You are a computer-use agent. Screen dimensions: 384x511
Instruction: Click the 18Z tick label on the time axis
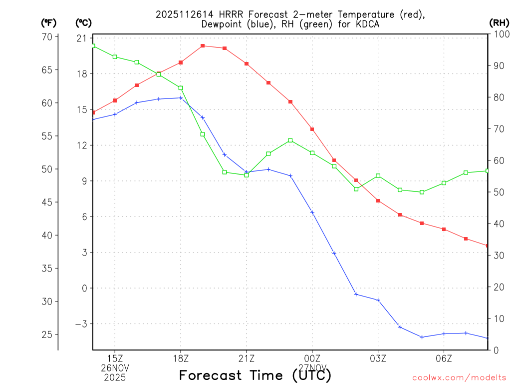[181, 358]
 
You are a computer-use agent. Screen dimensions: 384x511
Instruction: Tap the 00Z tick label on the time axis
[312, 358]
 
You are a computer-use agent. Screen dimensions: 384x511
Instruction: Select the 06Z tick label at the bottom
[444, 358]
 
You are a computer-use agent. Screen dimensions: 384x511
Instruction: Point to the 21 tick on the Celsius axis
[82, 38]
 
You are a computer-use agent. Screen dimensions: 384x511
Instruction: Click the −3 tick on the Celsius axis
[80, 324]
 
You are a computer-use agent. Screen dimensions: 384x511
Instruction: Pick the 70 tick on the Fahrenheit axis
[47, 37]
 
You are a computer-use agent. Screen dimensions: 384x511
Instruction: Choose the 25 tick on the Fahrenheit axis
[47, 334]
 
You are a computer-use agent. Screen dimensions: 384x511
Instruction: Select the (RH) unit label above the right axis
[500, 22]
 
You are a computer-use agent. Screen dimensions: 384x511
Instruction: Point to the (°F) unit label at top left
[49, 22]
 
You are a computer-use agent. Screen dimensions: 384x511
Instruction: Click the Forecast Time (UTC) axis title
[255, 375]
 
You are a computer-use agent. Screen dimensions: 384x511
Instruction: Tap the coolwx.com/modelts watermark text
[459, 377]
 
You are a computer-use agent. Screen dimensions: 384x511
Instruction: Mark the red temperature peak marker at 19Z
[203, 46]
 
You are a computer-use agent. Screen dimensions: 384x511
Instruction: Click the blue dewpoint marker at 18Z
[181, 98]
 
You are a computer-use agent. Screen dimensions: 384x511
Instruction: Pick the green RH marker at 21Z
[247, 175]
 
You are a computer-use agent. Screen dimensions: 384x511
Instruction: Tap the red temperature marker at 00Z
[312, 129]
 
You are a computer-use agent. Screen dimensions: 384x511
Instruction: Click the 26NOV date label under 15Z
[115, 368]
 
